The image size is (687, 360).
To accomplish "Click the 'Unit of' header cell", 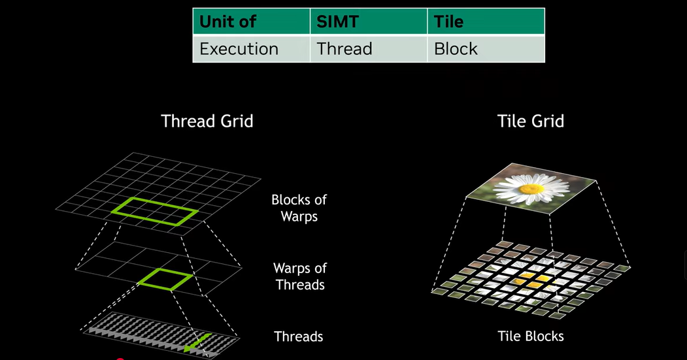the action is tap(251, 21).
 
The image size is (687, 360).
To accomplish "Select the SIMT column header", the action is tap(369, 21).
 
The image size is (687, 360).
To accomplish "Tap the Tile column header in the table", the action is tap(486, 21).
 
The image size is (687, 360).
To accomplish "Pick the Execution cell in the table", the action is tap(251, 48).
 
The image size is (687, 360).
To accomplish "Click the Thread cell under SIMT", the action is tap(369, 48).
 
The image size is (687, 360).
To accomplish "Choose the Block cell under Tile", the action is tap(486, 48).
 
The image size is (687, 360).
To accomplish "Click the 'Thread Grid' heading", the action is tap(207, 122).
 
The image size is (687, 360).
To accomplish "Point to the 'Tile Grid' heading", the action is tap(531, 122).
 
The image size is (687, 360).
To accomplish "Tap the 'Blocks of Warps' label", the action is tap(299, 208).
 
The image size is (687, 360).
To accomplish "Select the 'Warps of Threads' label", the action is tap(300, 276).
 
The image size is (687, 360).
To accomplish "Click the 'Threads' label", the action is tap(298, 336).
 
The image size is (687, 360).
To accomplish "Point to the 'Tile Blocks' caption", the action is tap(531, 336).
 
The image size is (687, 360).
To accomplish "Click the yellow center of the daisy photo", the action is tap(531, 189).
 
